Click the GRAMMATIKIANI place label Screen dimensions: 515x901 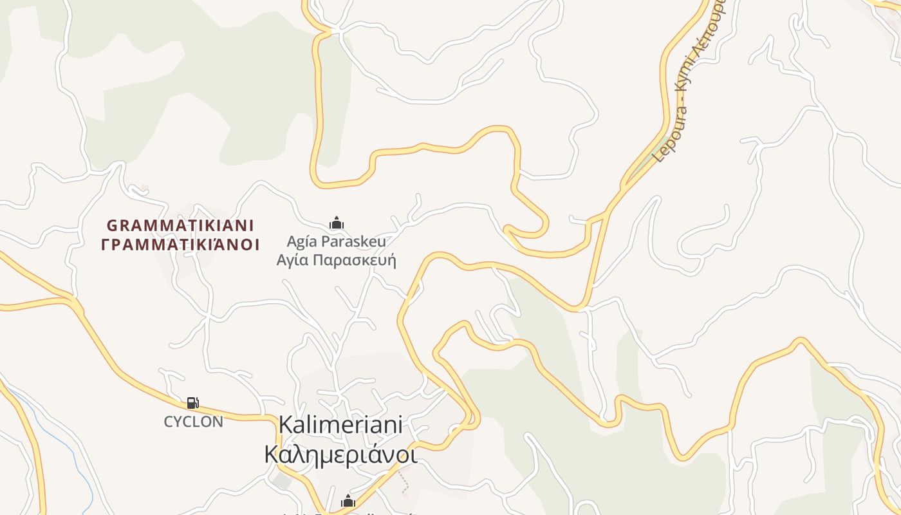[x=180, y=225]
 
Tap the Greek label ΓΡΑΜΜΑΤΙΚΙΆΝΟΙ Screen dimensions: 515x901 [x=180, y=245]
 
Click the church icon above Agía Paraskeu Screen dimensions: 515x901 [x=337, y=223]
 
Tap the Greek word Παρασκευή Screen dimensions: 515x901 [x=354, y=261]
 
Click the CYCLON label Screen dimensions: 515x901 [x=193, y=422]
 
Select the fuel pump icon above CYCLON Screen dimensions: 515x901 [x=192, y=403]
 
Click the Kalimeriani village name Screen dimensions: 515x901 [x=340, y=425]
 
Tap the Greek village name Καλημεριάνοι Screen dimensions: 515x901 [x=340, y=454]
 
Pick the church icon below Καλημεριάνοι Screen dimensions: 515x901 [x=348, y=501]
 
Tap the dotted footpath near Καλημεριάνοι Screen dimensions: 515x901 [x=404, y=482]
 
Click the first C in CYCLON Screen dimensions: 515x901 [x=169, y=422]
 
